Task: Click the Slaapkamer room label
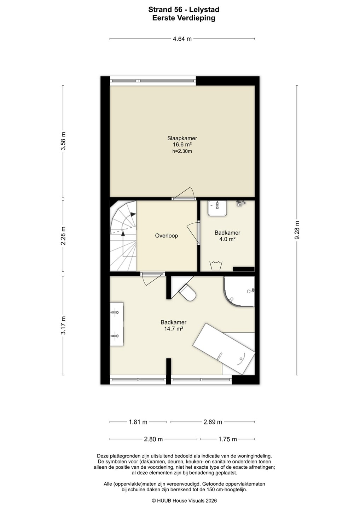[182, 138]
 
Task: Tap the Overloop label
[166, 236]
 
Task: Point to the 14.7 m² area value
[174, 329]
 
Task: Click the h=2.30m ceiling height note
[182, 151]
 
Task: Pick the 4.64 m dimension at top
[182, 39]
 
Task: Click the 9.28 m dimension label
[297, 230]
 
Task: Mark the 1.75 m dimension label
[228, 439]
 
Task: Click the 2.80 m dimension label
[153, 439]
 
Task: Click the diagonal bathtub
[224, 349]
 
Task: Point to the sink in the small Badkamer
[217, 208]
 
